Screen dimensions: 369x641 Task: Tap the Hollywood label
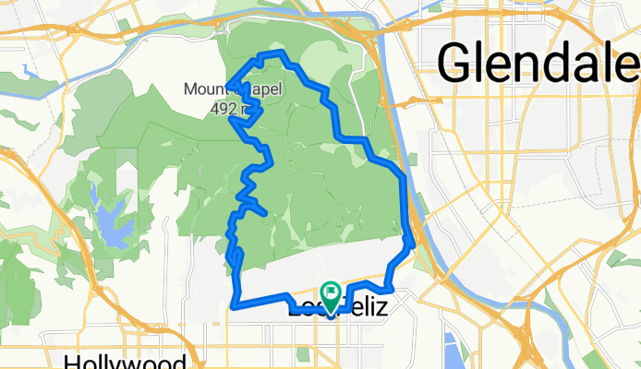[x=127, y=361]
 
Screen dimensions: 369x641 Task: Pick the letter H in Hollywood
[x=74, y=361]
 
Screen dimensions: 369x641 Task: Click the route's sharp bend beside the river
[x=409, y=243]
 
